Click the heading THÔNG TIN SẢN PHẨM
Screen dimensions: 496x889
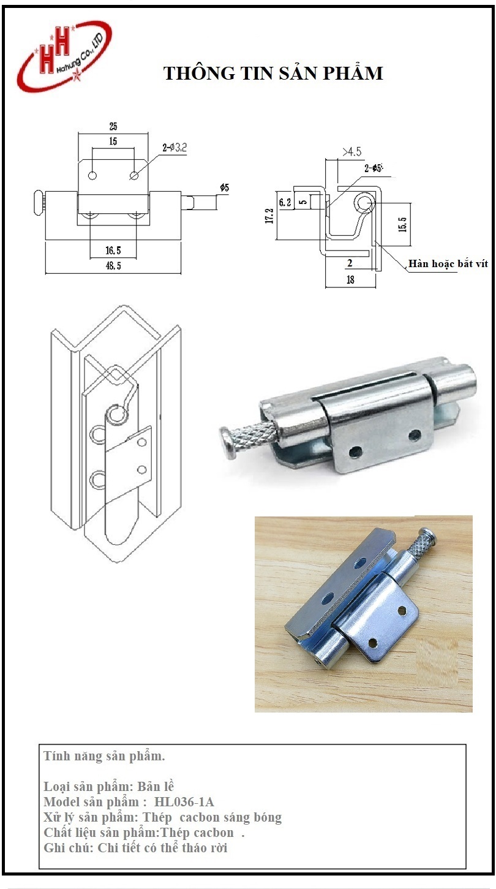pos(273,73)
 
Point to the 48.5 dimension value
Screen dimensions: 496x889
pos(113,265)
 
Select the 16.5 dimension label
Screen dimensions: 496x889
pos(113,250)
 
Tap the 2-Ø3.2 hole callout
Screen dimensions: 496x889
pos(174,148)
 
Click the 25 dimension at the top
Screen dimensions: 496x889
pos(113,126)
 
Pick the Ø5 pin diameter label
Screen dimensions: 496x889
pos(225,187)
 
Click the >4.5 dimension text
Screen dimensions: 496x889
pos(352,151)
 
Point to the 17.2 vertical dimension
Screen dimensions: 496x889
pos(270,216)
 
